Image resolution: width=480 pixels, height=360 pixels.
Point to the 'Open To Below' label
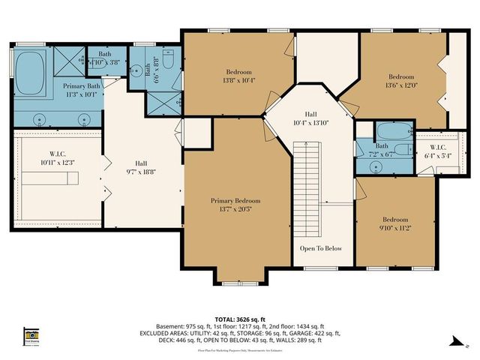click(x=321, y=248)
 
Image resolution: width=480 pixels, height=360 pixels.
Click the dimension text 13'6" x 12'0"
click(x=400, y=85)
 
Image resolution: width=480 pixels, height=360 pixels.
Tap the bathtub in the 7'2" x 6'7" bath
click(x=382, y=131)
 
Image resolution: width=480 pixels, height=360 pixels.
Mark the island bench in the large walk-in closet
click(x=49, y=178)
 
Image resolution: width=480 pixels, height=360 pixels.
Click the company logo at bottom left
click(x=30, y=334)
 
